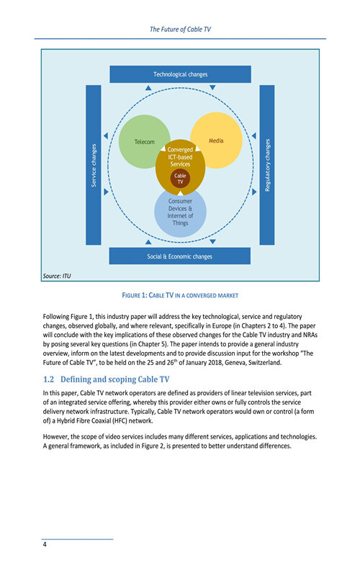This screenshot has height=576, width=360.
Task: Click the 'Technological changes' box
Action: click(x=181, y=74)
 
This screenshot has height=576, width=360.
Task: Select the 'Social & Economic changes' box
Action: click(x=179, y=256)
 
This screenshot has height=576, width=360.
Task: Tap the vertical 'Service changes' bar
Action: click(x=94, y=165)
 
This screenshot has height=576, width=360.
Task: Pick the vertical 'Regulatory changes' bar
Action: click(x=267, y=165)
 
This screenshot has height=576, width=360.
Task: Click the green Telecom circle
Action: click(x=140, y=141)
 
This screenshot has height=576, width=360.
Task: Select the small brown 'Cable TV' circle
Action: click(x=181, y=179)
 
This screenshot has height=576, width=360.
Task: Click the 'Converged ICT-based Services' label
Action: click(x=180, y=157)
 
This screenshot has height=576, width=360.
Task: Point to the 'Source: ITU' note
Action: click(x=57, y=276)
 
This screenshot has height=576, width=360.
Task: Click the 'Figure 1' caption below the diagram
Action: click(x=180, y=295)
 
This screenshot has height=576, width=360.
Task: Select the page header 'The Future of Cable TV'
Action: click(x=181, y=30)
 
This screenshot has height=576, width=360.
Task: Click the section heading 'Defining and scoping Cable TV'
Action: click(x=115, y=379)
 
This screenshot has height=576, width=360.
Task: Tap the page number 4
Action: click(x=45, y=544)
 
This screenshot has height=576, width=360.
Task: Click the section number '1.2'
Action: click(x=48, y=379)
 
